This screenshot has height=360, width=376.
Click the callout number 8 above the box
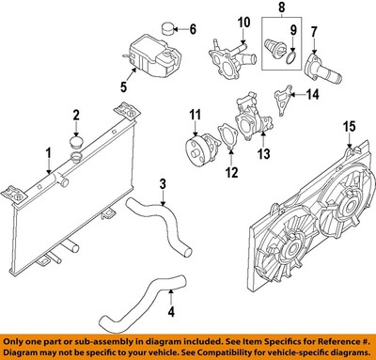pos(283,12)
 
